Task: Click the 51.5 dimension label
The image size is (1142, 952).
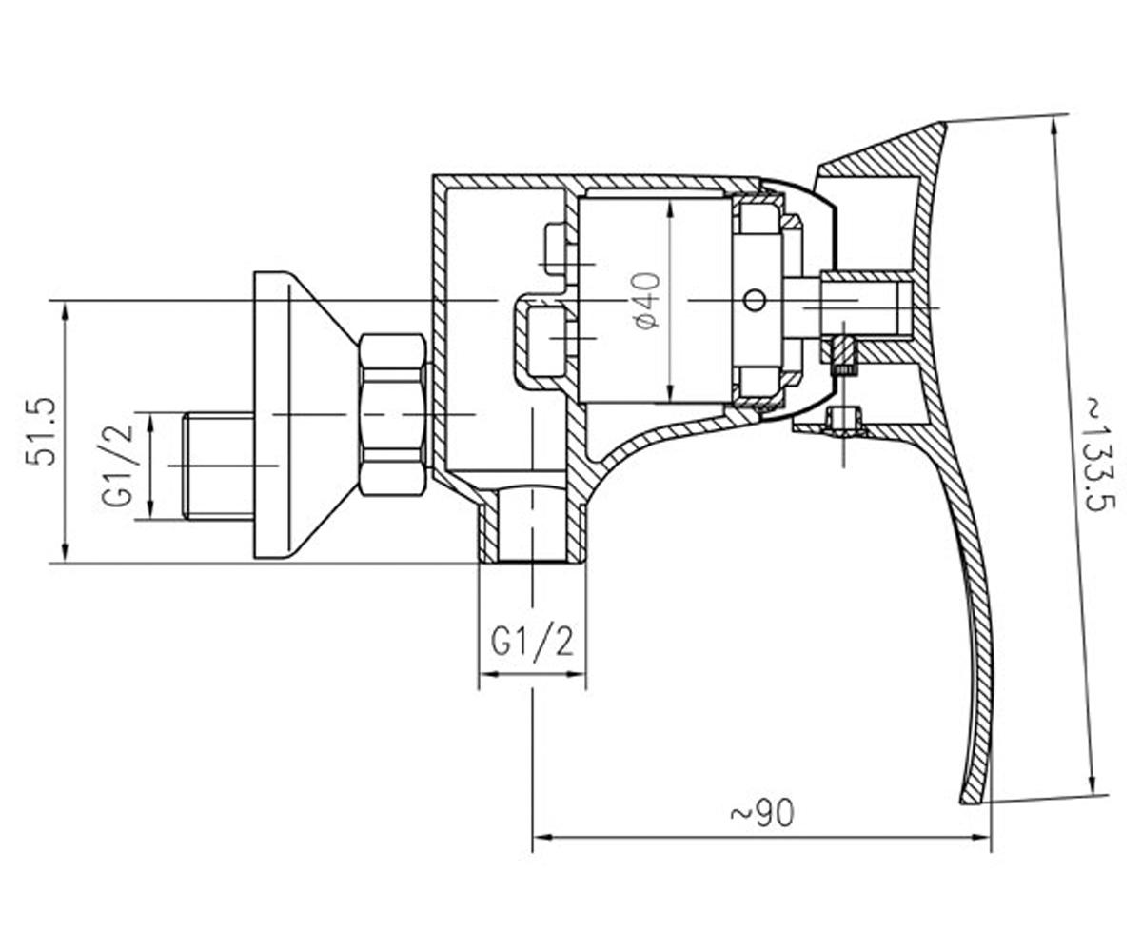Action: [x=42, y=431]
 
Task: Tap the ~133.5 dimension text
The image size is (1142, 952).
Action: [x=1097, y=454]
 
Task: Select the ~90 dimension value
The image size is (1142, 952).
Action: [x=762, y=814]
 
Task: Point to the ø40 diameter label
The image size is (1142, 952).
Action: [x=647, y=301]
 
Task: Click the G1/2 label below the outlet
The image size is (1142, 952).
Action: [x=532, y=642]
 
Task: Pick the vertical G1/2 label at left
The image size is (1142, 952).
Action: [x=118, y=466]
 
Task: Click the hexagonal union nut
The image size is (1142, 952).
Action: [x=393, y=415]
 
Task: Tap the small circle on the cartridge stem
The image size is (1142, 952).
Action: [x=755, y=301]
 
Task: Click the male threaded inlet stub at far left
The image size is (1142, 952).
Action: [x=218, y=466]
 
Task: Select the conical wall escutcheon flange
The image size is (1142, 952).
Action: [x=304, y=416]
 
